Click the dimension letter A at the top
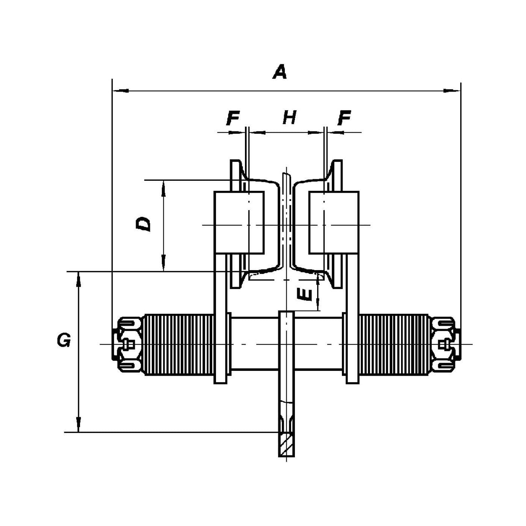click(x=280, y=72)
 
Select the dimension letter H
click(x=289, y=118)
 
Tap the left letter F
click(x=233, y=118)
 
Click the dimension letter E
click(x=305, y=295)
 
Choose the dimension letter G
click(x=64, y=340)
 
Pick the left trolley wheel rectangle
click(x=239, y=222)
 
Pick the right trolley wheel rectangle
click(x=334, y=222)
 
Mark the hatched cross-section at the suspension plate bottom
click(x=286, y=444)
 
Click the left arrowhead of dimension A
click(x=118, y=91)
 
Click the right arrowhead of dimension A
click(x=455, y=91)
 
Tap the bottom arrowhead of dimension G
click(x=78, y=426)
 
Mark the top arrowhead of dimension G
click(x=78, y=278)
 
